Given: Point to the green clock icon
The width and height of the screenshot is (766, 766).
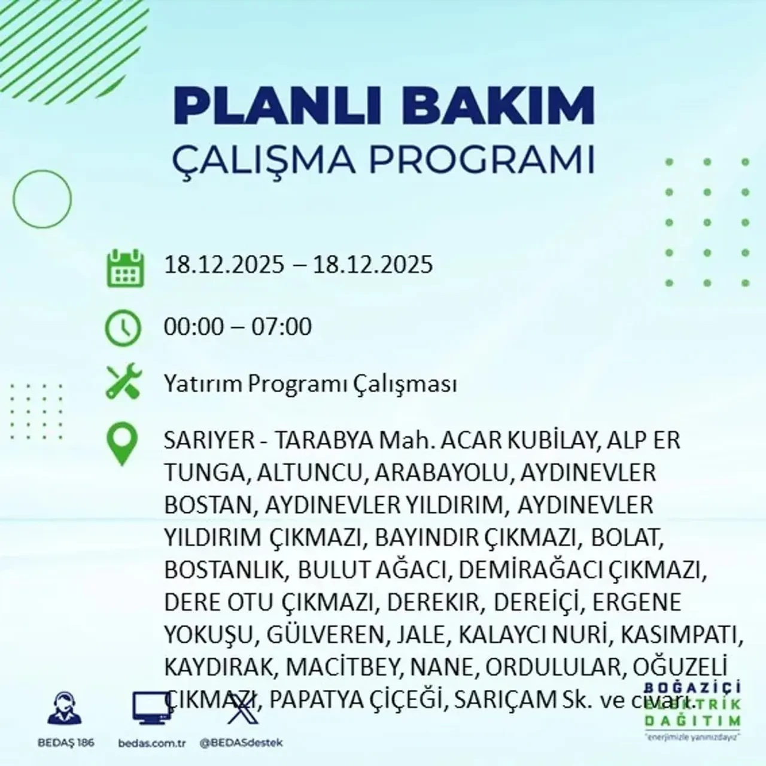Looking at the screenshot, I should (123, 328).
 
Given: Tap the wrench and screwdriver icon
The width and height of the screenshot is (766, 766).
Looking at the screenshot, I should (123, 383).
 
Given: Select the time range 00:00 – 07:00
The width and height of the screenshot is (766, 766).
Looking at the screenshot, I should (238, 327).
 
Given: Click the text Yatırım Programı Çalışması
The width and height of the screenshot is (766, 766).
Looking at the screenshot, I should (310, 384).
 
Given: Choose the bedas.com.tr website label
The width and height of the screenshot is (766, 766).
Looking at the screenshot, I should (152, 743).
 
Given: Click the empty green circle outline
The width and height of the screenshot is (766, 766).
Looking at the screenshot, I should (42, 197).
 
